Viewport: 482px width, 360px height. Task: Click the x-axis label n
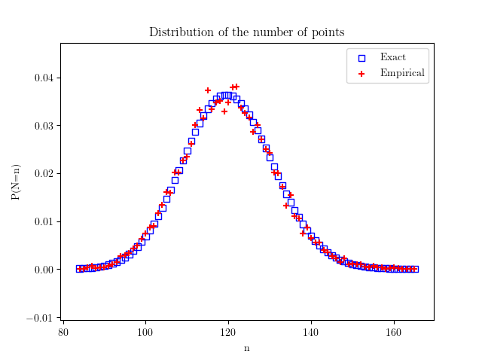246,348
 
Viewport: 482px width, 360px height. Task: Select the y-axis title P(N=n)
16,182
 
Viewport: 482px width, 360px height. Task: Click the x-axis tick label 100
145,331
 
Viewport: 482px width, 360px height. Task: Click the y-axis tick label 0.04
42,78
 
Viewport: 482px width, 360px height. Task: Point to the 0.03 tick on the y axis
42,126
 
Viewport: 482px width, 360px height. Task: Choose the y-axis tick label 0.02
42,174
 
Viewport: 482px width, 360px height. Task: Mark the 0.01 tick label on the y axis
42,221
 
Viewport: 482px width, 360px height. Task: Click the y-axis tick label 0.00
42,270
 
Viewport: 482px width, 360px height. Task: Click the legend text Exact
392,57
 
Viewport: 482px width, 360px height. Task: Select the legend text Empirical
402,73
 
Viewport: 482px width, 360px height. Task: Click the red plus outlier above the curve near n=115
208,90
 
